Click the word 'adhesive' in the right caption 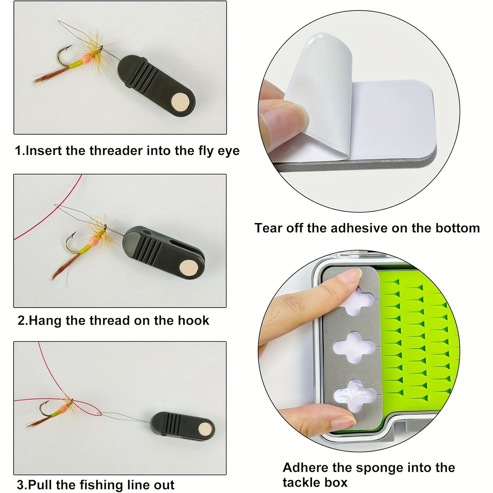[x=358, y=228]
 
